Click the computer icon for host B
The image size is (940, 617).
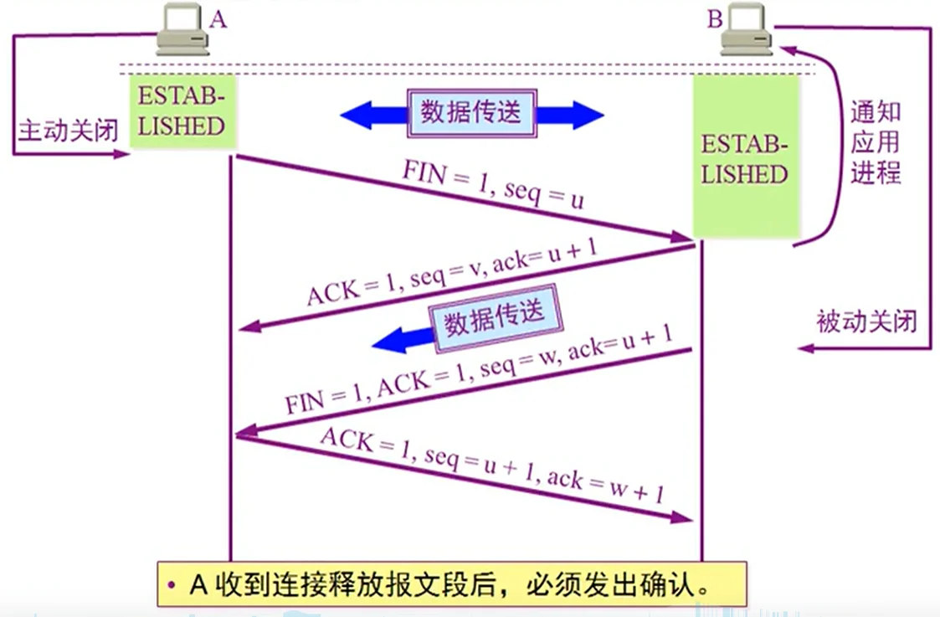(x=747, y=31)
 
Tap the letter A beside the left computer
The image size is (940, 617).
(x=218, y=18)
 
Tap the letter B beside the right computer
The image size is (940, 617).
(x=714, y=18)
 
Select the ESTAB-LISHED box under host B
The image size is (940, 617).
(x=743, y=159)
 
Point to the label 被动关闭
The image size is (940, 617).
(x=866, y=321)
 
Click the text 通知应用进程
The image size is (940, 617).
(x=875, y=142)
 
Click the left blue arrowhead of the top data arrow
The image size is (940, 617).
(x=357, y=115)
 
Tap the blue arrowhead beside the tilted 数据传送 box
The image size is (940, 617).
(x=389, y=340)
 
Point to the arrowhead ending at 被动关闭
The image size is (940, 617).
(x=806, y=347)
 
